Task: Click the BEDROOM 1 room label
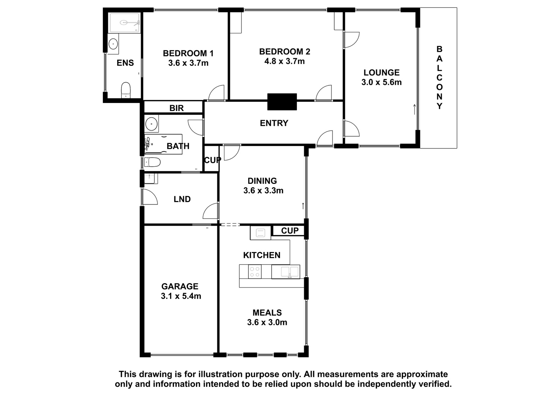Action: point(188,53)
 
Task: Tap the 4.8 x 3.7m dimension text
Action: point(285,61)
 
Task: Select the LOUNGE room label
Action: point(381,72)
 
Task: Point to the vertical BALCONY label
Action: point(439,77)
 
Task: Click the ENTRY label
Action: point(274,123)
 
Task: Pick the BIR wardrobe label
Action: point(176,108)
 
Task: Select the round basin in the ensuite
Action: point(113,44)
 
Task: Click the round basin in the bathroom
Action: point(151,124)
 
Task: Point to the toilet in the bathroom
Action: point(152,162)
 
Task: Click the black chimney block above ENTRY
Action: point(282,102)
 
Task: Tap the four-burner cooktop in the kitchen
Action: point(255,272)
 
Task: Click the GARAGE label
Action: point(180,286)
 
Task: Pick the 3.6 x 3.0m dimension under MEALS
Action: point(267,322)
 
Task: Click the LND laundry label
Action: point(182,199)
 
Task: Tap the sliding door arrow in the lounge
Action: point(414,109)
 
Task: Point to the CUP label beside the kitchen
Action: point(290,231)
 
